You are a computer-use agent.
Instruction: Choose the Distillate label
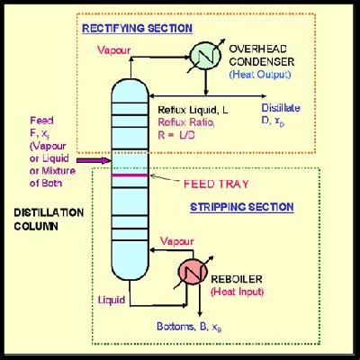pos(308,107)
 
